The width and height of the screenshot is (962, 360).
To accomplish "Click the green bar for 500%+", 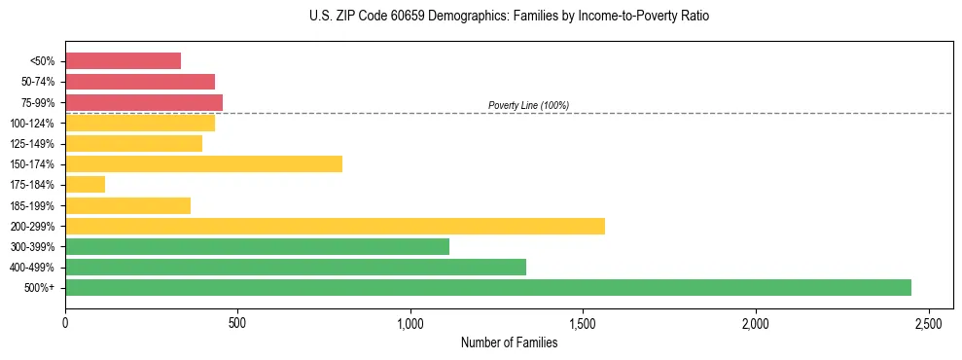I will [488, 287].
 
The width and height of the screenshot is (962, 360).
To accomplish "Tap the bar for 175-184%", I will [85, 185].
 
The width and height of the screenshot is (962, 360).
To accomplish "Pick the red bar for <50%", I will [123, 61].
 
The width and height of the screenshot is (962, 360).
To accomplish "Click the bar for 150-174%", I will [203, 163].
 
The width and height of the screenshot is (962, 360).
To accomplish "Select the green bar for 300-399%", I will [257, 246].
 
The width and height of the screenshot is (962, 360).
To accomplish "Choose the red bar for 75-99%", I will [144, 102].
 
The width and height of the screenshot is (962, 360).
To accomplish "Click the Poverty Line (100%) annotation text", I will [528, 105].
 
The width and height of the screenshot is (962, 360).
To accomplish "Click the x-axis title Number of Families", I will [509, 342].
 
